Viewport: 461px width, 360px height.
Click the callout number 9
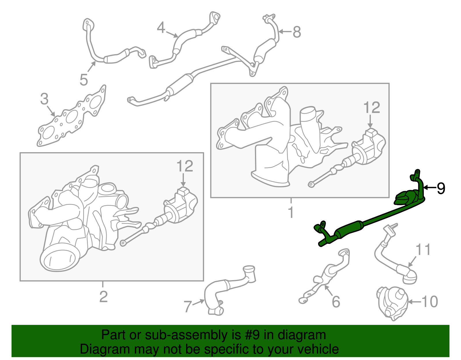coord(441,188)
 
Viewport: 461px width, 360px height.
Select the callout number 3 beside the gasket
coord(44,99)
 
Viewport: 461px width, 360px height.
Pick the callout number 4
coord(161,27)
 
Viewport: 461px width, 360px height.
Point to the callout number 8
coord(297,32)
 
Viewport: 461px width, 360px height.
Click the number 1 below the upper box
coord(291,212)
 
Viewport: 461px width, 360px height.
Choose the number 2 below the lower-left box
coord(103,297)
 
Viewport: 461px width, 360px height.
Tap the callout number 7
coord(188,306)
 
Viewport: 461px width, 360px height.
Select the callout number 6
coord(336,302)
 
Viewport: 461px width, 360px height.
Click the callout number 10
coord(430,301)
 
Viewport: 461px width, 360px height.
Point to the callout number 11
coord(423,249)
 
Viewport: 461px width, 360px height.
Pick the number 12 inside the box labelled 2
coord(185,166)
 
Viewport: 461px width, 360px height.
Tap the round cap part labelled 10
coord(392,303)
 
